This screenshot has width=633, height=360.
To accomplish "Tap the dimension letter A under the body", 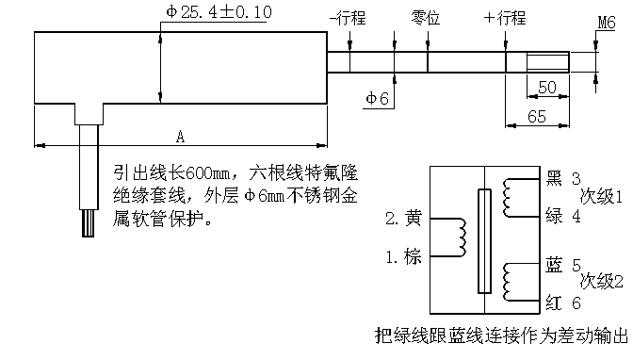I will click(180, 138).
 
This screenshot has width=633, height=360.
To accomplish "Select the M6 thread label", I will click(607, 22).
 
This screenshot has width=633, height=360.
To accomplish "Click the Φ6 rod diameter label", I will click(377, 96).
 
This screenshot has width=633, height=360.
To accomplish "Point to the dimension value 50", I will click(545, 88).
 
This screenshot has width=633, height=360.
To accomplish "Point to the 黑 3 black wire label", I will click(563, 178).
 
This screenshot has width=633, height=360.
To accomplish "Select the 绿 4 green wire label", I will click(563, 215).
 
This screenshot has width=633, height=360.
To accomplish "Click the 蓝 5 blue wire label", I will click(563, 265).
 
